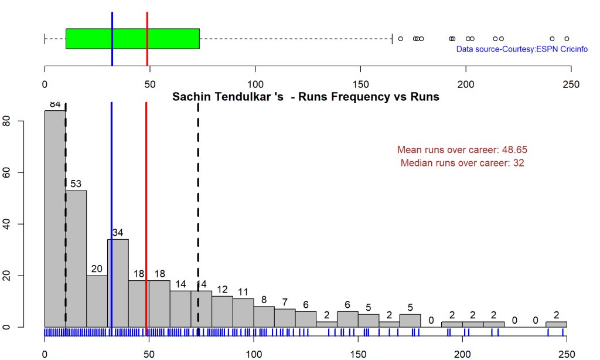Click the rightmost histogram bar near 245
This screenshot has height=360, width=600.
click(x=556, y=324)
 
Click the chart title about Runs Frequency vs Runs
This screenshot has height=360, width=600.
click(x=305, y=97)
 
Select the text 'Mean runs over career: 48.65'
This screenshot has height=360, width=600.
click(x=462, y=150)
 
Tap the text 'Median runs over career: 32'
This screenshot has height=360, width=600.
click(x=462, y=163)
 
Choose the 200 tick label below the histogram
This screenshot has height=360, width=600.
click(x=462, y=354)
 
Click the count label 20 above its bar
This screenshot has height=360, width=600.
click(x=97, y=269)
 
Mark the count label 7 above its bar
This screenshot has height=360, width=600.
click(x=285, y=302)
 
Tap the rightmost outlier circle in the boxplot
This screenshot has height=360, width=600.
click(x=567, y=39)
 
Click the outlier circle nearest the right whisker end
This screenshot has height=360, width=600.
click(x=400, y=39)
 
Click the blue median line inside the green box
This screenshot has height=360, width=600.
click(x=112, y=39)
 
